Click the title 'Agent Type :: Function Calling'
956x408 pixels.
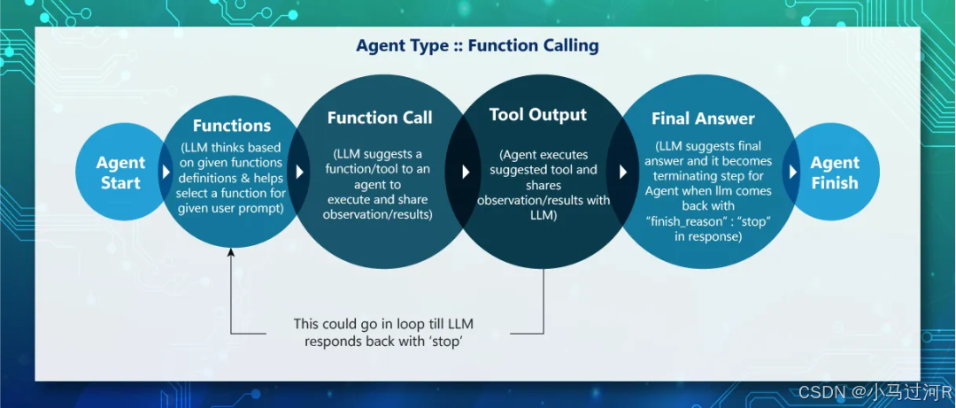pyautogui.click(x=477, y=46)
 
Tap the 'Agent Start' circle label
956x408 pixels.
pyautogui.click(x=120, y=173)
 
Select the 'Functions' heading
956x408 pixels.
pyautogui.click(x=232, y=126)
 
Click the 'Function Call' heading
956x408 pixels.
pyautogui.click(x=380, y=118)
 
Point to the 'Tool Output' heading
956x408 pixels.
pyautogui.click(x=538, y=115)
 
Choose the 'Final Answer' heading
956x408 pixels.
pyautogui.click(x=703, y=119)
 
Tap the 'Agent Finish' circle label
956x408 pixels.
pyautogui.click(x=835, y=173)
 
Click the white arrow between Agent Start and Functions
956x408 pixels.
pyautogui.click(x=166, y=172)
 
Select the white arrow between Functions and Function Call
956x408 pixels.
pyautogui.click(x=300, y=172)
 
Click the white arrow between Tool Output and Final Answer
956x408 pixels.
pyautogui.click(x=623, y=172)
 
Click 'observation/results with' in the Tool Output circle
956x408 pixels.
pyautogui.click(x=544, y=200)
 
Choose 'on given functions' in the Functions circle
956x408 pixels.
pyautogui.click(x=232, y=162)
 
